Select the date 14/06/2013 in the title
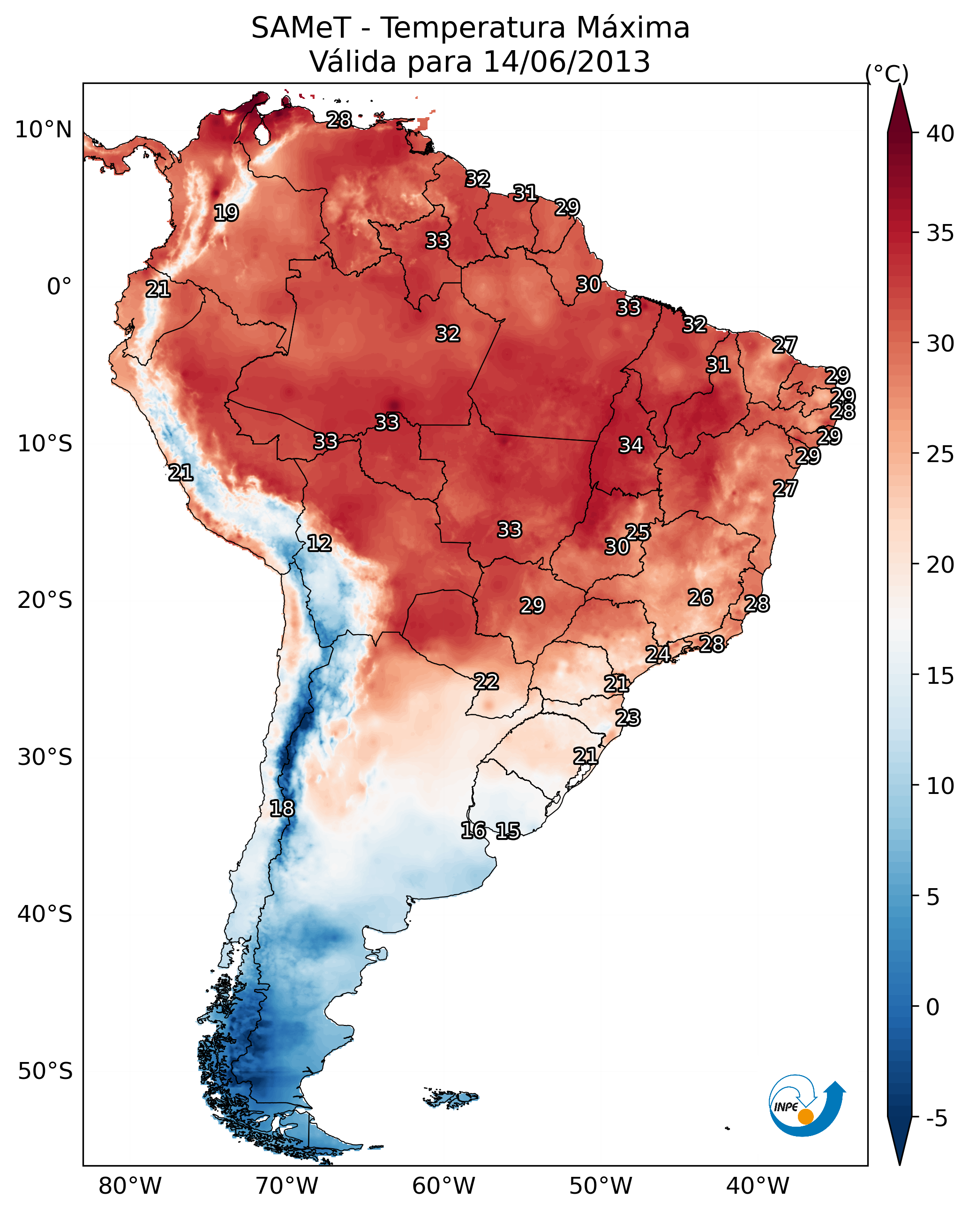pyautogui.click(x=566, y=62)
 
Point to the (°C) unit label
pyautogui.click(x=886, y=74)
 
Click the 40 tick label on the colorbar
pyautogui.click(x=940, y=134)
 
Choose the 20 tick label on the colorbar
pyautogui.click(x=940, y=564)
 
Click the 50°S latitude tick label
pyautogui.click(x=45, y=1071)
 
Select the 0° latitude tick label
pyautogui.click(x=60, y=287)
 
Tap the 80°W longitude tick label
pyautogui.click(x=130, y=1186)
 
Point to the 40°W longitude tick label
pyautogui.click(x=758, y=1186)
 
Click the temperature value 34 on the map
pyautogui.click(x=631, y=445)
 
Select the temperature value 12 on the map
pyautogui.click(x=319, y=543)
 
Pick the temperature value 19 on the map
pyautogui.click(x=226, y=213)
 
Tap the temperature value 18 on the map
pyautogui.click(x=282, y=808)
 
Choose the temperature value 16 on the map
pyautogui.click(x=473, y=830)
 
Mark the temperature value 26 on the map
pyautogui.click(x=700, y=598)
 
